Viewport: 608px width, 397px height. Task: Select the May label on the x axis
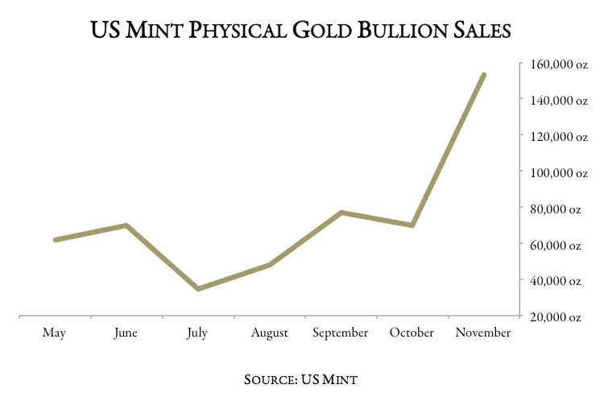[x=54, y=333]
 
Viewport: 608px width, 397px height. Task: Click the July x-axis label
[x=197, y=333]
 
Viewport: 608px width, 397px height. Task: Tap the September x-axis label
[x=340, y=333]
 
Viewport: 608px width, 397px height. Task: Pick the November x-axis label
[x=483, y=333]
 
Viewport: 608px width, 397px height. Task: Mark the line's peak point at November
[x=483, y=75]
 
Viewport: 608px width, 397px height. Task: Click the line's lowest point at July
[x=197, y=288]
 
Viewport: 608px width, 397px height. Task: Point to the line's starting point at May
[x=55, y=240]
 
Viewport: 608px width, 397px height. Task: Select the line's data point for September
[x=341, y=213]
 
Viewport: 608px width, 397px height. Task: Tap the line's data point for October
[x=412, y=225]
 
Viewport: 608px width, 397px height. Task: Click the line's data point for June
[x=126, y=225]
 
